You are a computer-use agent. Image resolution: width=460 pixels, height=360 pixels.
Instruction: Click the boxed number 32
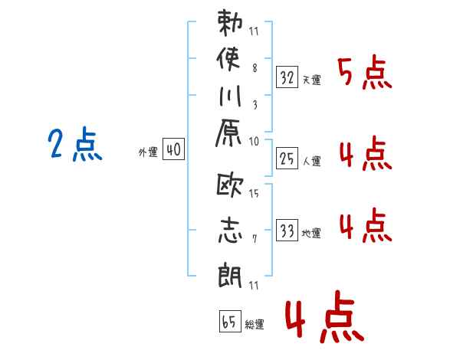coord(287,77)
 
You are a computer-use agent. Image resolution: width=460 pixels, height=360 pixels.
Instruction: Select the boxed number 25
coord(287,159)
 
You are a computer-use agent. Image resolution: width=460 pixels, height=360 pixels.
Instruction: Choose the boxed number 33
coord(287,231)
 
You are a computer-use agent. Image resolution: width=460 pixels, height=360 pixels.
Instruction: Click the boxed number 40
coord(173,151)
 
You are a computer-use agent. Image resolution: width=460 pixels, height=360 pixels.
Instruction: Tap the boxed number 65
coord(228,321)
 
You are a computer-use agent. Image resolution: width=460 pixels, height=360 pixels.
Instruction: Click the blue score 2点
coord(75,146)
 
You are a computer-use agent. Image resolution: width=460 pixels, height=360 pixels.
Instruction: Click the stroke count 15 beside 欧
coord(254,194)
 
